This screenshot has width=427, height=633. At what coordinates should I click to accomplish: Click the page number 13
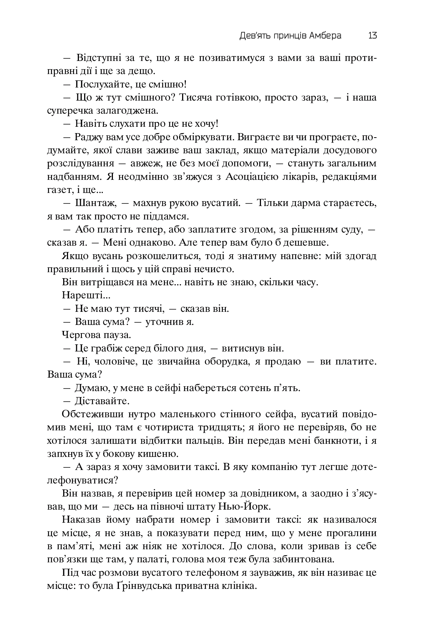click(372, 36)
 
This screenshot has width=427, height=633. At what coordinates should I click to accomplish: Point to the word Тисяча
click(197, 98)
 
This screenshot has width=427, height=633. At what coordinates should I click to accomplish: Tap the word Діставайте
click(102, 401)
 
